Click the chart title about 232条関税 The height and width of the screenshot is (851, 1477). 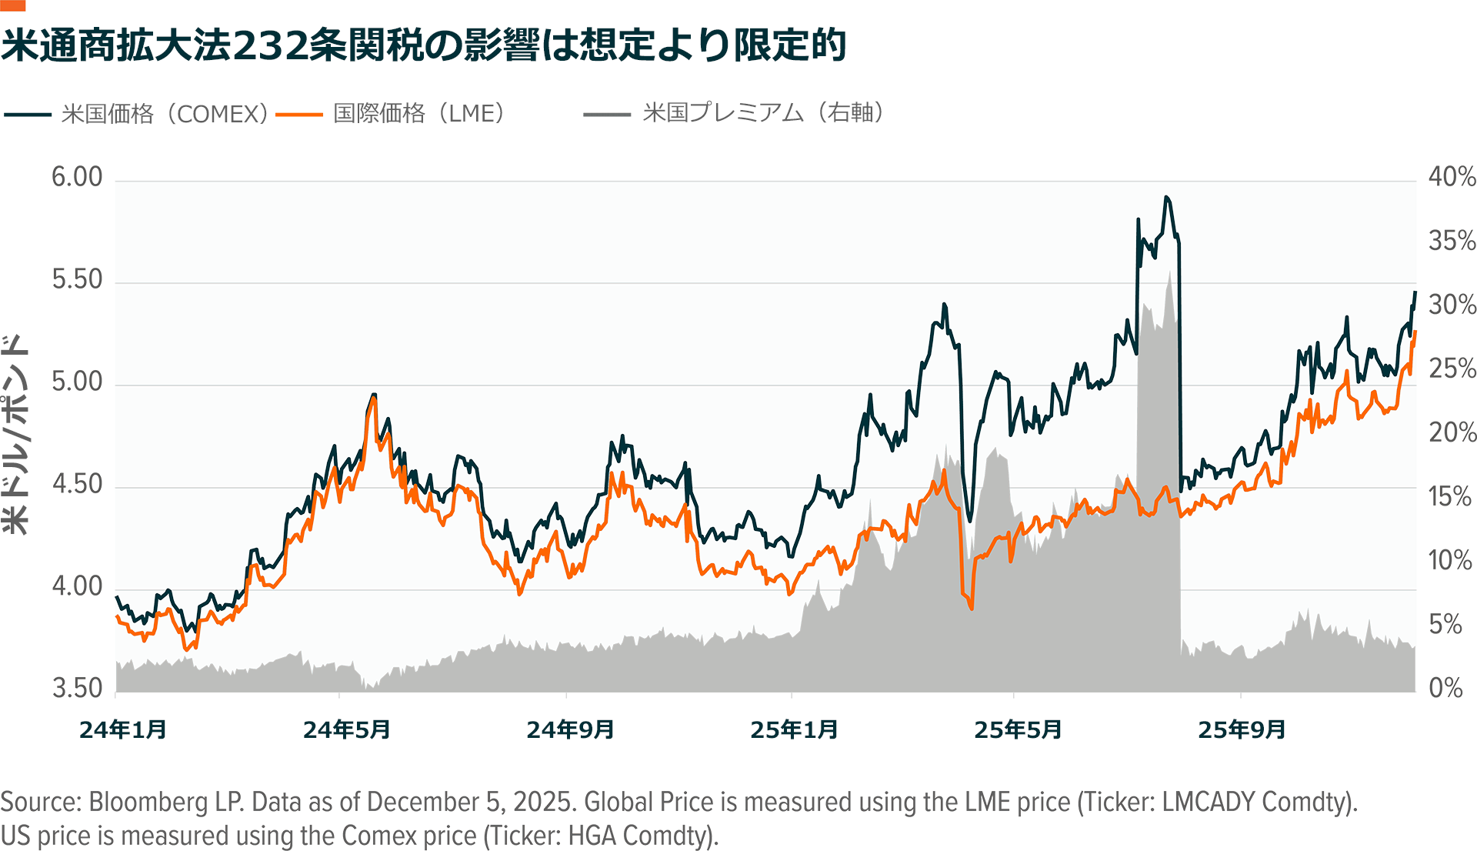423,45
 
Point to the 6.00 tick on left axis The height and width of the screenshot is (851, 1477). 77,177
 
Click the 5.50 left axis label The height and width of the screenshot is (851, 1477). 77,279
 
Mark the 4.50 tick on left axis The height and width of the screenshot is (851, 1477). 77,484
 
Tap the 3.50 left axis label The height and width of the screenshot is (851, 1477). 77,688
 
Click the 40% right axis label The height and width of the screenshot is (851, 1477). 1452,177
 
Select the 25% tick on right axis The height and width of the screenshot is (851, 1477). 1452,369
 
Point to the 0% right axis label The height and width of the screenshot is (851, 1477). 1445,688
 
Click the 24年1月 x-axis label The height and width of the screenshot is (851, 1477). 123,729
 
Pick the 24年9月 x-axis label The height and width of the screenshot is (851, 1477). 570,729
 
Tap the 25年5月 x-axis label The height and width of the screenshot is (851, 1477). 1018,729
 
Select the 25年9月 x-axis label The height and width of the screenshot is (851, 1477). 1242,729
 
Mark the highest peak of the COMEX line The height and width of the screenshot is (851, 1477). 1167,198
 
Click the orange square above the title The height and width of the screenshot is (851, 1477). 13,5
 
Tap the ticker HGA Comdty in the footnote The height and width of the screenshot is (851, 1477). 639,836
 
